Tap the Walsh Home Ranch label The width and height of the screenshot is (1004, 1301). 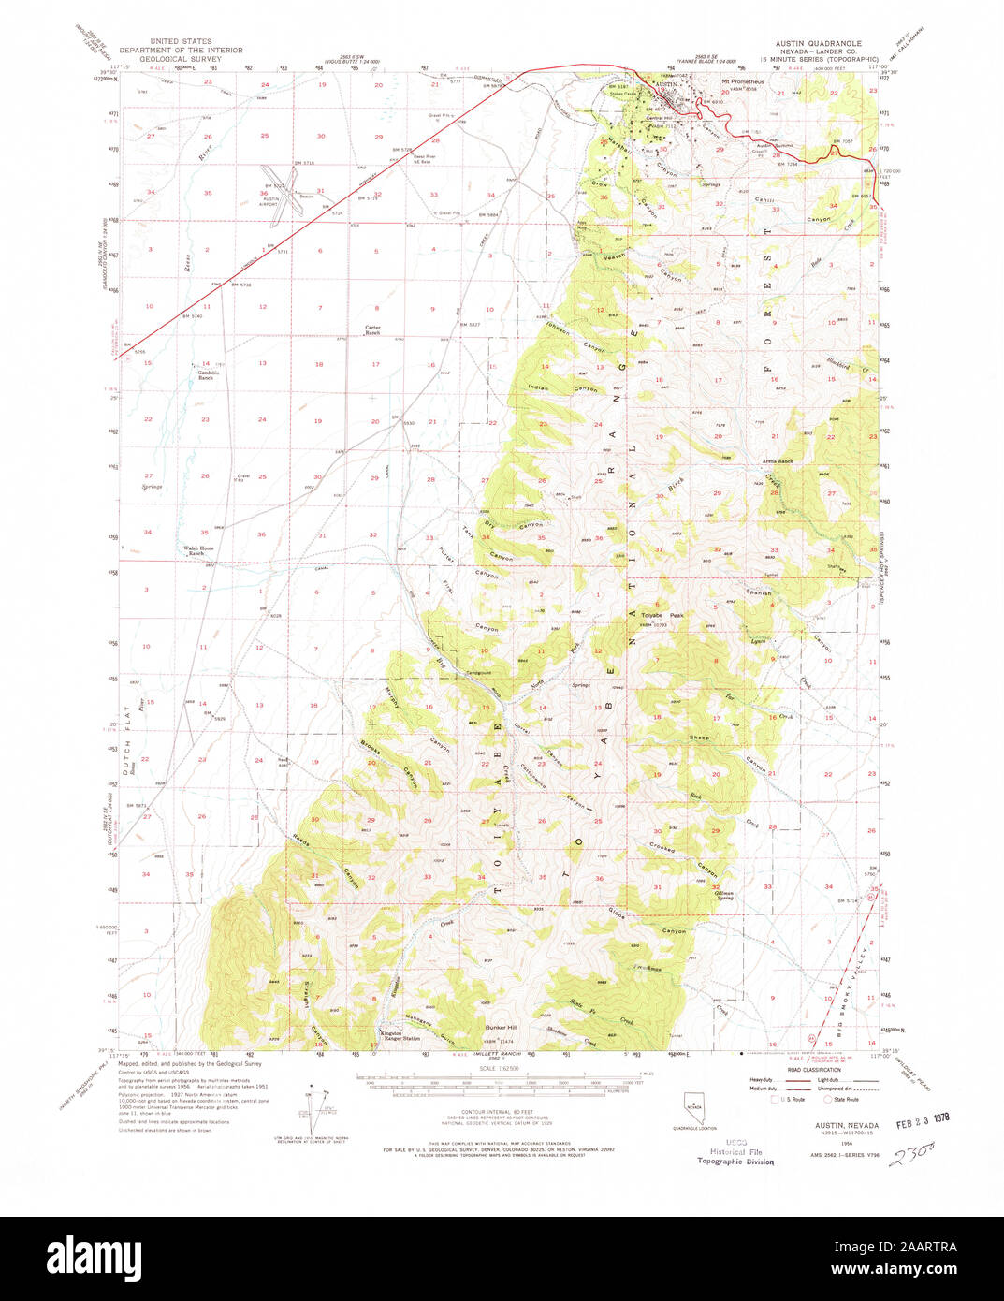click(199, 550)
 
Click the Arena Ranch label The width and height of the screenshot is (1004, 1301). click(778, 461)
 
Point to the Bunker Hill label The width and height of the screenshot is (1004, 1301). click(501, 1027)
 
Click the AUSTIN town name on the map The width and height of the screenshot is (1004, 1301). click(665, 84)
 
